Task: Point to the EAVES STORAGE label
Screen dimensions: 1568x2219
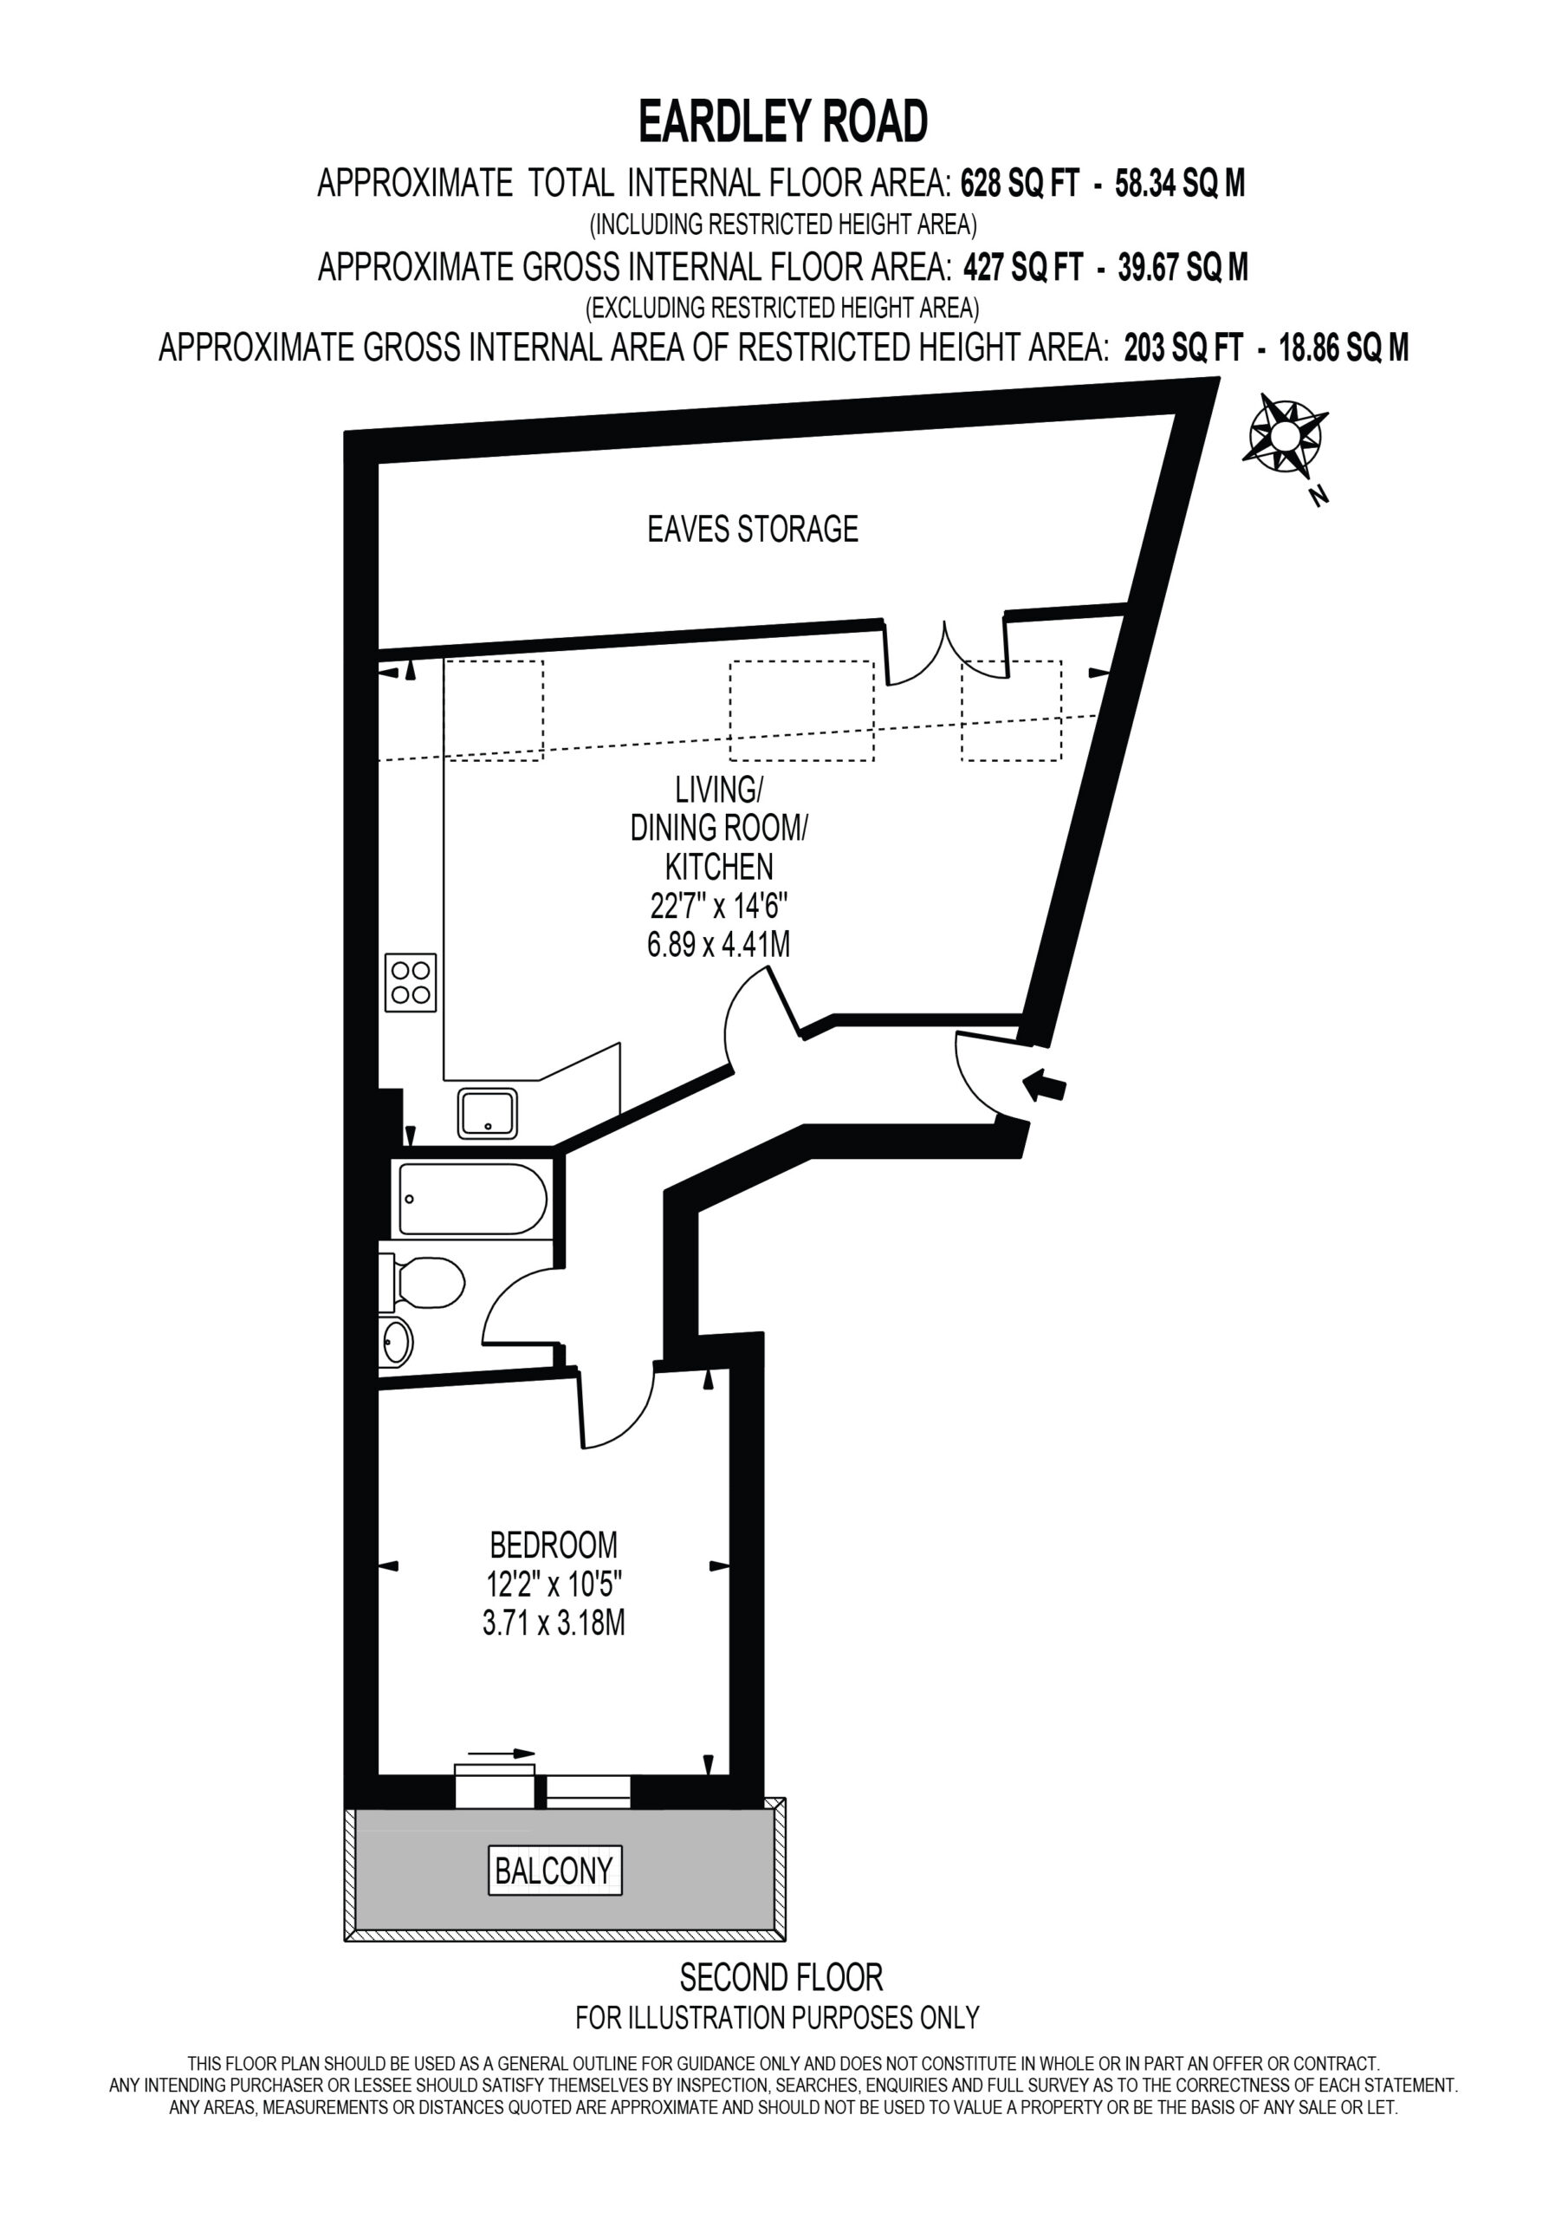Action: click(x=753, y=529)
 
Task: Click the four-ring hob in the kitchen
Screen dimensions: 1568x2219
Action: click(x=411, y=982)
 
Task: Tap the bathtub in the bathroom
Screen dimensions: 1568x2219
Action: click(x=472, y=1200)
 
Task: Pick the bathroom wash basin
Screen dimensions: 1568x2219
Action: click(x=395, y=1342)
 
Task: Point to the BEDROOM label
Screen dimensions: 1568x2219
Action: click(x=554, y=1545)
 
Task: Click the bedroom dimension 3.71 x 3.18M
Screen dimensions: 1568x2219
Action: click(x=554, y=1623)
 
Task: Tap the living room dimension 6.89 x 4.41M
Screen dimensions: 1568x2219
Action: click(x=719, y=943)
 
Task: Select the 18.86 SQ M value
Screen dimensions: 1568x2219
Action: click(x=1344, y=347)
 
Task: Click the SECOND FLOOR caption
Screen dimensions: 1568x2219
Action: click(x=781, y=1977)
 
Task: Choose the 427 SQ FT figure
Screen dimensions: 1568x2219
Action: click(x=1023, y=266)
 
